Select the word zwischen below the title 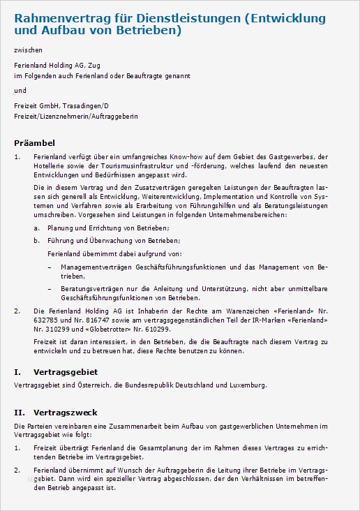pos(27,50)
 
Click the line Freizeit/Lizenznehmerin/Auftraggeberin pos(76,115)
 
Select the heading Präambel pos(35,142)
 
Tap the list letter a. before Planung pos(37,228)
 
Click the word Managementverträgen pos(98,267)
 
